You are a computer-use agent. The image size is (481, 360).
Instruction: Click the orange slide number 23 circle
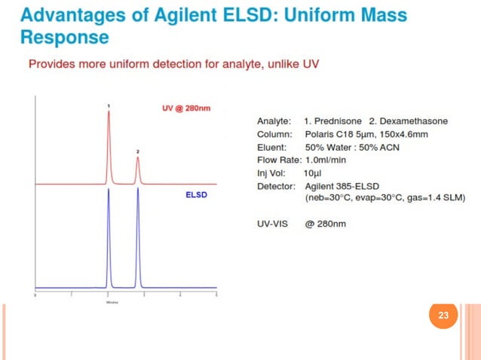pos(443,316)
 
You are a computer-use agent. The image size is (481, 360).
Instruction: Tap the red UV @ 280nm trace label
pos(186,108)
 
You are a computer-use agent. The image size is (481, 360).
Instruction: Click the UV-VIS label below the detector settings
pos(274,224)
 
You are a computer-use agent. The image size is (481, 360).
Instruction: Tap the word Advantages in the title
pos(66,15)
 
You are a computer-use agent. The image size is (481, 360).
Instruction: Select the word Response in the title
pos(65,37)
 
